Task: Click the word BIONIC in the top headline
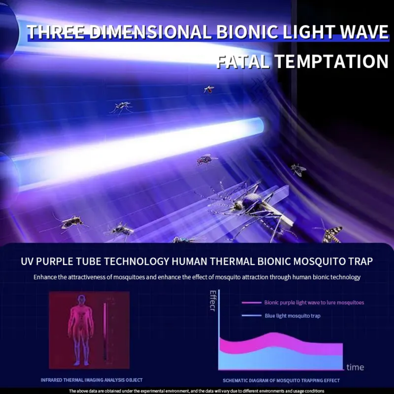(247, 32)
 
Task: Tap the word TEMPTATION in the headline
(331, 61)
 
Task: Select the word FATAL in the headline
(243, 62)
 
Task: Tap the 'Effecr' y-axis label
(213, 301)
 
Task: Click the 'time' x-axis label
(355, 367)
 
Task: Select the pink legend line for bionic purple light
(251, 302)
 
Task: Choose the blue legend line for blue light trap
(251, 316)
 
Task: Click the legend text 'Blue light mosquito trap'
(293, 316)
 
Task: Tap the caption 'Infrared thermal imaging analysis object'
(92, 380)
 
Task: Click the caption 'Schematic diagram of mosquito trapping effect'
(281, 381)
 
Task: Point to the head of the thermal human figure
(81, 300)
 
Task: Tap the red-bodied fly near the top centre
(209, 89)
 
